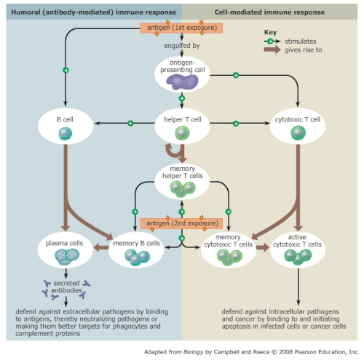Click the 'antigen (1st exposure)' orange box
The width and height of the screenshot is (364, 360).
coord(181,28)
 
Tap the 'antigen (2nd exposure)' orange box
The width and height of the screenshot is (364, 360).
coord(181,223)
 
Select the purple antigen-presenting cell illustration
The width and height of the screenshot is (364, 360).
coord(182,82)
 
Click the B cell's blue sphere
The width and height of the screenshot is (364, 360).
coord(66,134)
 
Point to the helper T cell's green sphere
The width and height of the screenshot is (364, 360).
coord(183,133)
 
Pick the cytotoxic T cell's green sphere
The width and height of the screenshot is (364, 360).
coord(298,133)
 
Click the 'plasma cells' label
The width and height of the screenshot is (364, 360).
coord(64,243)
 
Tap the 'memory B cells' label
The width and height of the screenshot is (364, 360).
coord(136,243)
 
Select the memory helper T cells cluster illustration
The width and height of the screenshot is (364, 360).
coord(183,189)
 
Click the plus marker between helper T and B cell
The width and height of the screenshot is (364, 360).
coord(130,123)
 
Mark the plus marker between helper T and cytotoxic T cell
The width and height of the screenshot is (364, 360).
coord(236,124)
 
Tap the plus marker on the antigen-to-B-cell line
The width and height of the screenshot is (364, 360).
coord(66,71)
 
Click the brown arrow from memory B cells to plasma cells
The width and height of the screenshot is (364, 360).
coord(101,247)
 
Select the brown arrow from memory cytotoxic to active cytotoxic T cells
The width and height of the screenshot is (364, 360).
coord(263,247)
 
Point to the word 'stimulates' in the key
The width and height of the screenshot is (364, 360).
coord(301,41)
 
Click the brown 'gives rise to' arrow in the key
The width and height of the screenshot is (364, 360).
coord(272,49)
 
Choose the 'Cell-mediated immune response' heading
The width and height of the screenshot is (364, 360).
coord(269,12)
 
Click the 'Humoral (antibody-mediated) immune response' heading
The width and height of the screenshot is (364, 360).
coord(94,12)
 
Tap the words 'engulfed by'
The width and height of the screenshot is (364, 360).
coord(182,46)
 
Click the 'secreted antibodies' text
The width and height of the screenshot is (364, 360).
coord(66,287)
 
